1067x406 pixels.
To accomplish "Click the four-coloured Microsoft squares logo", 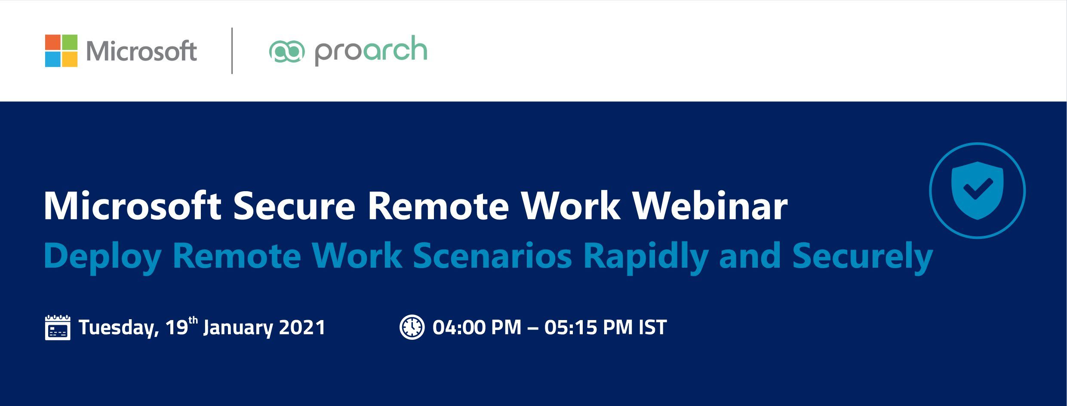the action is pos(61,51).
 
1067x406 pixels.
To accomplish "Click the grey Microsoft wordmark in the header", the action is pos(141,51).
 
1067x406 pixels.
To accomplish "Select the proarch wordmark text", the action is pos(371,51).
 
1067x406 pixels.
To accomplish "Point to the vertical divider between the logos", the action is pos(232,51).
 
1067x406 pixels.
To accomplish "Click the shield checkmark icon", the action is pos(977,190).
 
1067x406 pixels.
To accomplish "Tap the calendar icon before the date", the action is pos(58,327).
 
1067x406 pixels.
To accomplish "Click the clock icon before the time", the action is pos(412,327).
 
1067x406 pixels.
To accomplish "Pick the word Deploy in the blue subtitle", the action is pos(102,256).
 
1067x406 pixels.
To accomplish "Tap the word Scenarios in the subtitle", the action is pos(492,256).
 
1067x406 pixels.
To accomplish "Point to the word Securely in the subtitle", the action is pos(862,256).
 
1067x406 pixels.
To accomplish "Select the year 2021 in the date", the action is pos(302,327).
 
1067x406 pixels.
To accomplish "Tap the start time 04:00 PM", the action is pos(477,327).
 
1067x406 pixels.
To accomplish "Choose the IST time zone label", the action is pos(653,327).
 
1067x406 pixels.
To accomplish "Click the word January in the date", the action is pos(238,328).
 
